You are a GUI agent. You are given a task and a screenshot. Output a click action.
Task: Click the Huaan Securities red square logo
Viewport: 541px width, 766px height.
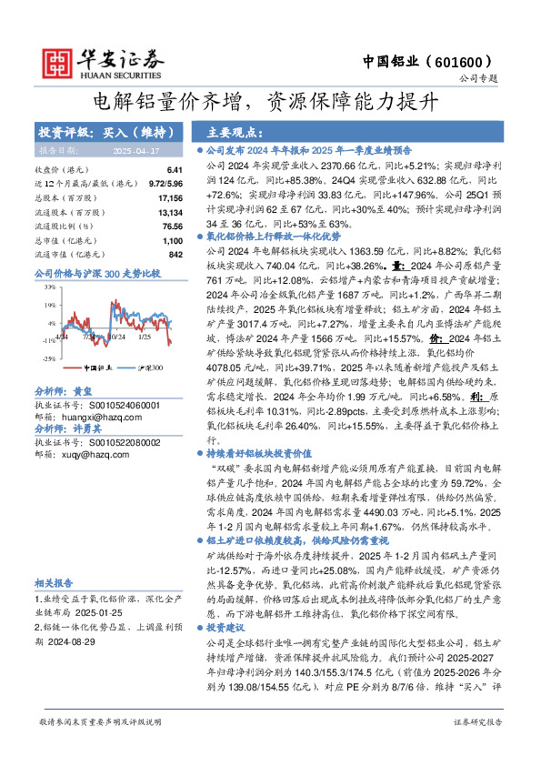(59, 61)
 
